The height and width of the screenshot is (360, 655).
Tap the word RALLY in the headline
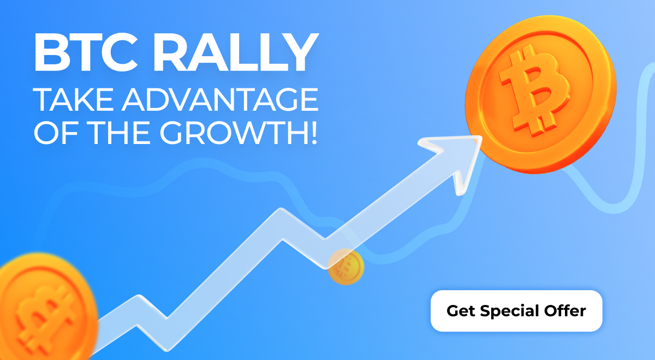[236, 52]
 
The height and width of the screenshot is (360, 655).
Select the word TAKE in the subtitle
[73, 100]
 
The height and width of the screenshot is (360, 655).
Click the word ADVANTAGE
[221, 100]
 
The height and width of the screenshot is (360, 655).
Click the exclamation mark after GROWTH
[314, 133]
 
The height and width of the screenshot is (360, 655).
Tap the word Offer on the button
[565, 310]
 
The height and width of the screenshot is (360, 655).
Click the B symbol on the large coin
[534, 93]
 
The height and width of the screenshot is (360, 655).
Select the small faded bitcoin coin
[346, 267]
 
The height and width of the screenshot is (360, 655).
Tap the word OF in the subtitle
[56, 133]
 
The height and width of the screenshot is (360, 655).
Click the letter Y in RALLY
[301, 52]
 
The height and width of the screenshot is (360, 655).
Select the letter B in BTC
[52, 52]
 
